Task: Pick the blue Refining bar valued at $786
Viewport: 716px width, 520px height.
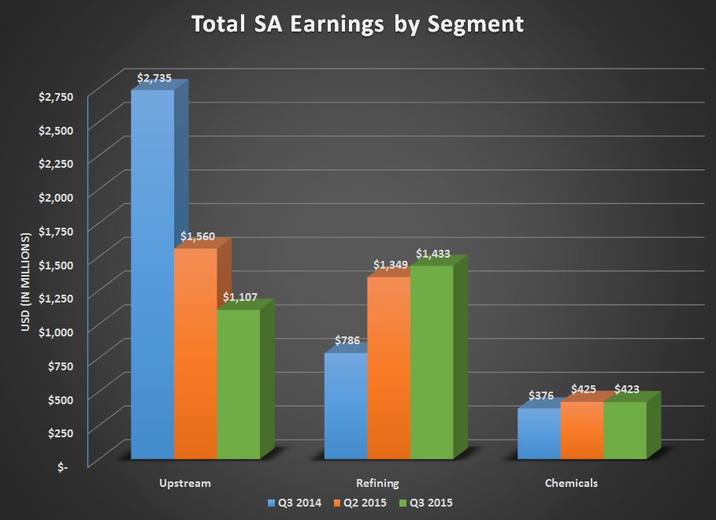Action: (345, 406)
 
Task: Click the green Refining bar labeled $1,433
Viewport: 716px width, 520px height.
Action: (432, 362)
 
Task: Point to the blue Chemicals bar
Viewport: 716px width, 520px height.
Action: (539, 433)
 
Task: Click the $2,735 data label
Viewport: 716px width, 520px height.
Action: (154, 79)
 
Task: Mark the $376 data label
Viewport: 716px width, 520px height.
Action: (540, 396)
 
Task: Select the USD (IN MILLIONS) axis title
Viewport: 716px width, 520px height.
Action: (25, 282)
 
